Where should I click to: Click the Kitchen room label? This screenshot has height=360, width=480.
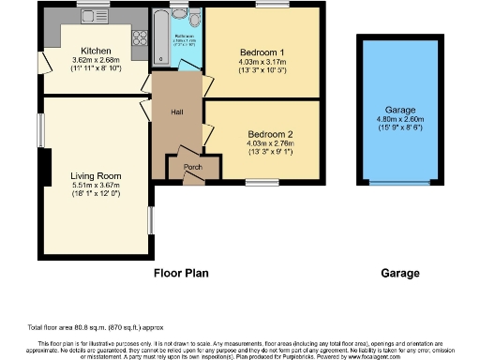96,51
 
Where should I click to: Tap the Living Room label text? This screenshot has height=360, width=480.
96,175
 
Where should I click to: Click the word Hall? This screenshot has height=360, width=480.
176,112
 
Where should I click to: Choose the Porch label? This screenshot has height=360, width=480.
192,168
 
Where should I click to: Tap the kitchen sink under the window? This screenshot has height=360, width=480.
92,17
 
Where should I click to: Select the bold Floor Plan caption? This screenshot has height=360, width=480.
181,274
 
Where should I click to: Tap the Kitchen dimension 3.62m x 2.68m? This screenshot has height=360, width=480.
96,60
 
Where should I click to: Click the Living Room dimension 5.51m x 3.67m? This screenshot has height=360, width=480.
96,186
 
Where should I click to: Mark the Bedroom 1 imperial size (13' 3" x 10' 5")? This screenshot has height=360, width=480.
262,69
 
